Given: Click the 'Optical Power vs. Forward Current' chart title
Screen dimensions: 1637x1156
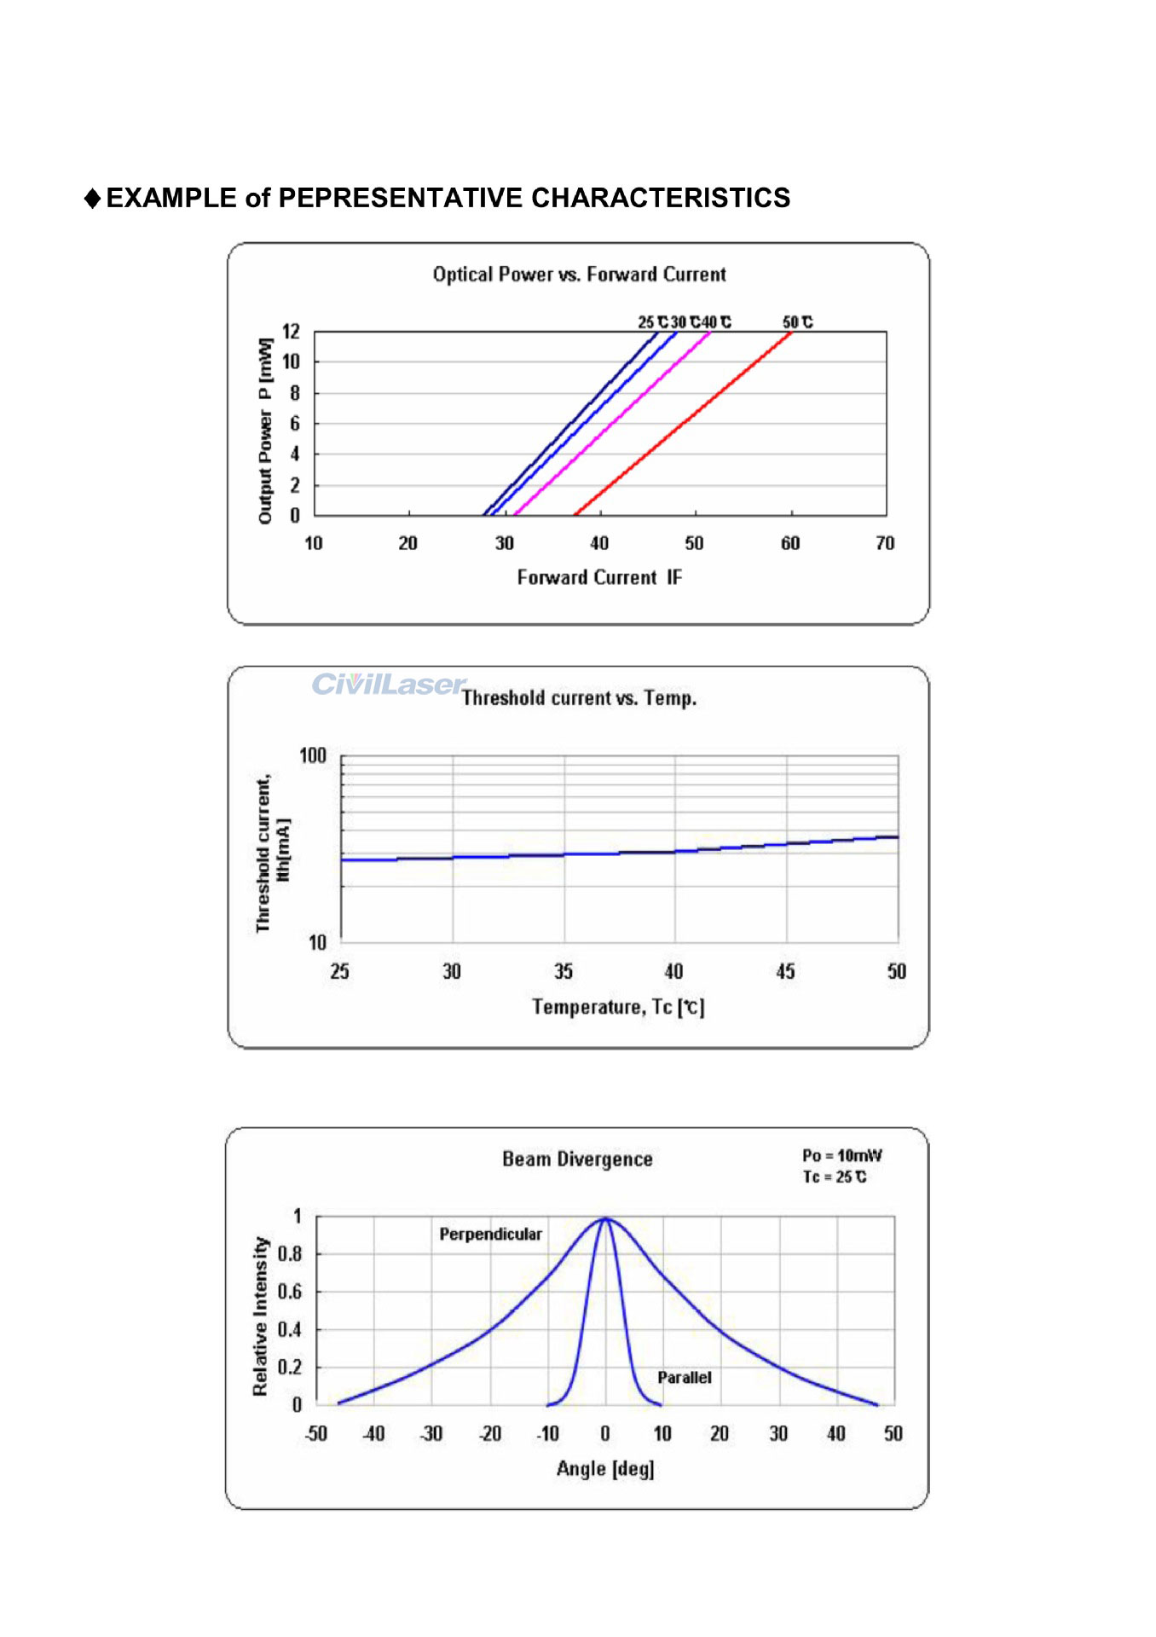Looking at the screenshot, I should pyautogui.click(x=579, y=275).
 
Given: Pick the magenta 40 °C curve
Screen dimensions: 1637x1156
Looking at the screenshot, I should pyautogui.click(x=612, y=423).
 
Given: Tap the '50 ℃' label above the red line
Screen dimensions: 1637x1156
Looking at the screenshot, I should pyautogui.click(x=797, y=322).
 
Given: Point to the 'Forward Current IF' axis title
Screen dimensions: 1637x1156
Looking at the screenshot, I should pyautogui.click(x=599, y=578).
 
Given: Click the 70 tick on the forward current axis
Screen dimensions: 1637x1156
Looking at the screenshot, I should pyautogui.click(x=885, y=544).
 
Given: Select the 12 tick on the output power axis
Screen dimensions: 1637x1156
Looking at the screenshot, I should pyautogui.click(x=292, y=331).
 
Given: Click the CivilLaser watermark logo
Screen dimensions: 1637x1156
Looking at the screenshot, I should pyautogui.click(x=389, y=685).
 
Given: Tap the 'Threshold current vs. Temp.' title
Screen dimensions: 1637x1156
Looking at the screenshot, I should pyautogui.click(x=579, y=698).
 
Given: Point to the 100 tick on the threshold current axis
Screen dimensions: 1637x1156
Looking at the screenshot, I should pyautogui.click(x=313, y=756).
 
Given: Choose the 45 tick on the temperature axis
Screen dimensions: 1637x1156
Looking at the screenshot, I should pyautogui.click(x=785, y=972).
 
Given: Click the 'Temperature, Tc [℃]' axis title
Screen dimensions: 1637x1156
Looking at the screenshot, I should pyautogui.click(x=618, y=1008).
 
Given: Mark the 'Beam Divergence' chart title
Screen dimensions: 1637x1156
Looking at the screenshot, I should pyautogui.click(x=577, y=1160).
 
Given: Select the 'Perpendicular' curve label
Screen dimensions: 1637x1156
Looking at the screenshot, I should pyautogui.click(x=490, y=1235).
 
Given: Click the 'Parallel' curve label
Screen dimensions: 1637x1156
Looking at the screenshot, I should pyautogui.click(x=684, y=1378).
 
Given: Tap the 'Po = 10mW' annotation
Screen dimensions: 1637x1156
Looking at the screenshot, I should pyautogui.click(x=841, y=1156).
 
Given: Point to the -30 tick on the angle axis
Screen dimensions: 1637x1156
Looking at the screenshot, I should pyautogui.click(x=431, y=1434).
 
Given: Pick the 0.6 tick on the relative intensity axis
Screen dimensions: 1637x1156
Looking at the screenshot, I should pyautogui.click(x=290, y=1292).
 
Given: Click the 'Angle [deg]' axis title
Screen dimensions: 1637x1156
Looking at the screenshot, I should pyautogui.click(x=605, y=1469).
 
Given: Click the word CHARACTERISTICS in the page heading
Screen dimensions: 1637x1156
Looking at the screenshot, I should pyautogui.click(x=661, y=198).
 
